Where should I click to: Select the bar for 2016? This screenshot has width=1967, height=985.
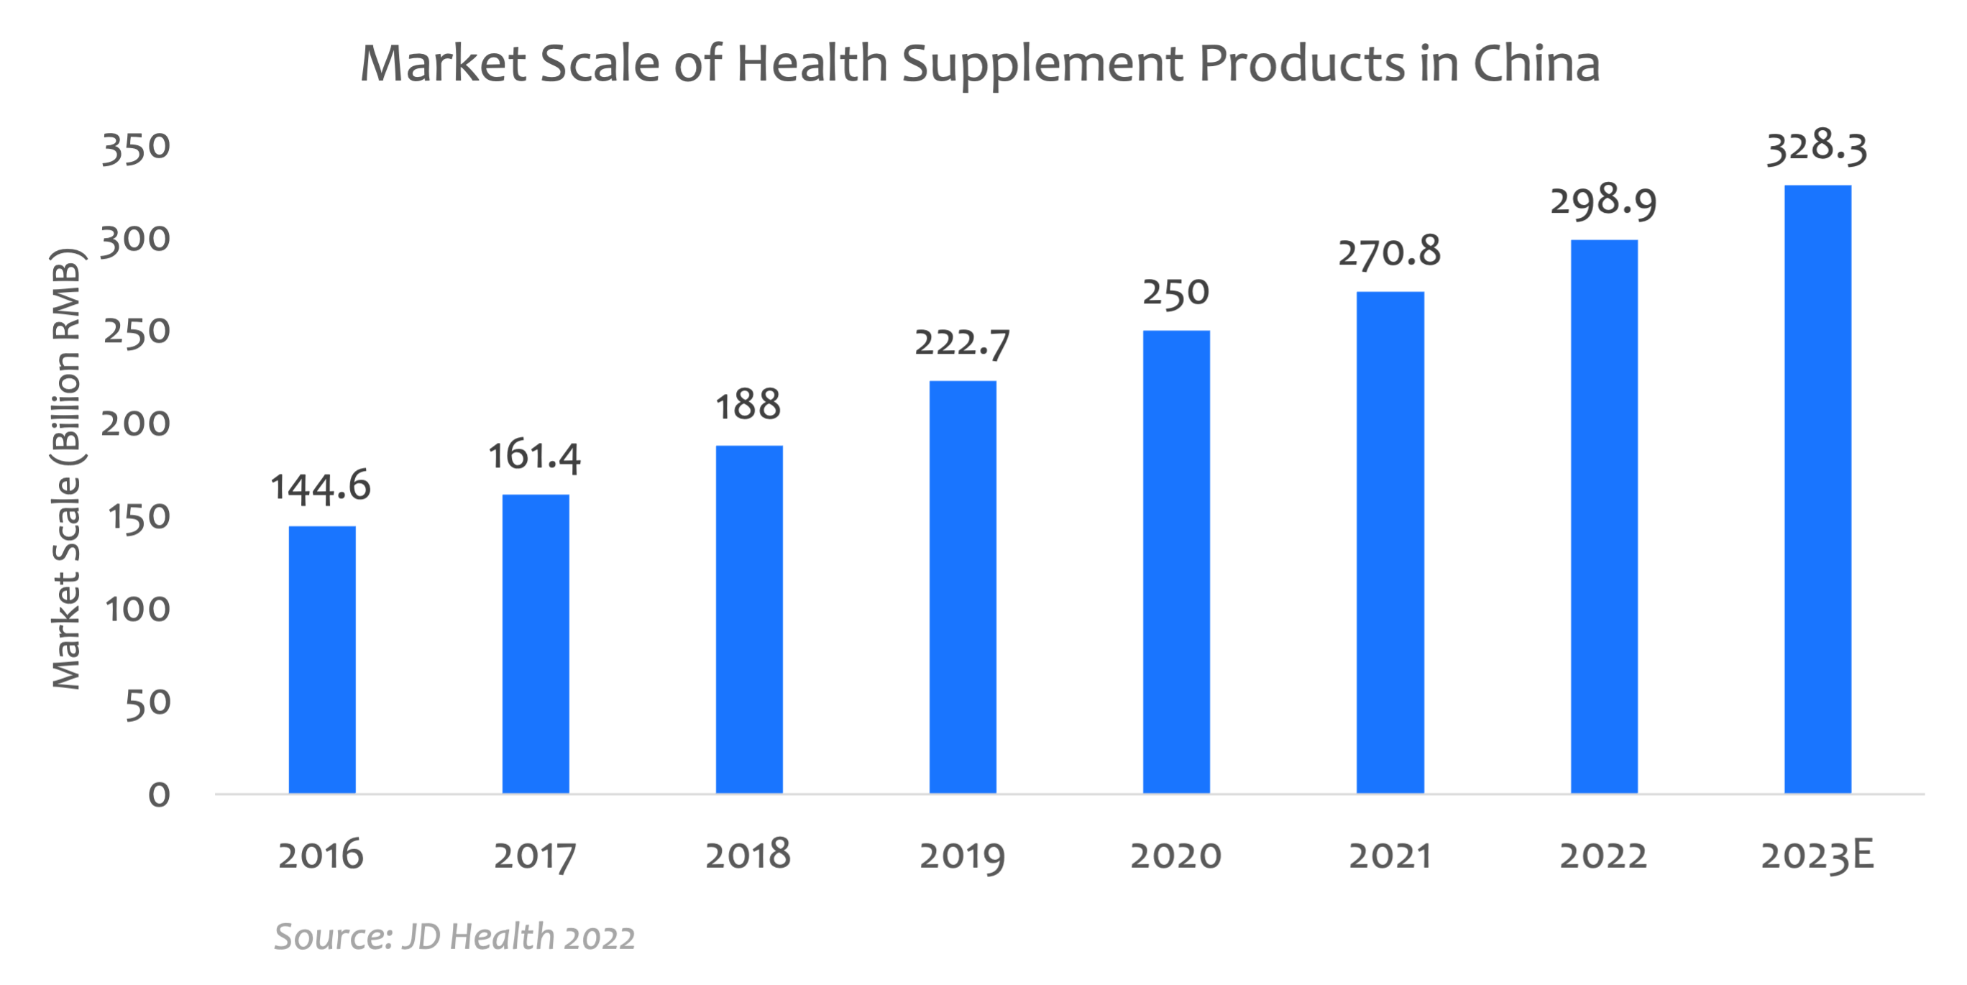(x=321, y=659)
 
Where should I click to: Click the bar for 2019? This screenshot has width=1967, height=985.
(x=962, y=587)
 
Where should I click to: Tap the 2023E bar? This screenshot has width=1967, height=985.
(x=1817, y=489)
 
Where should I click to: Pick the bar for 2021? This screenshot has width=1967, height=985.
(x=1390, y=542)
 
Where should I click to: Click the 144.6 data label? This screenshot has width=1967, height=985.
(x=321, y=487)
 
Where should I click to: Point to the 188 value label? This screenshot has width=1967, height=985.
(x=748, y=405)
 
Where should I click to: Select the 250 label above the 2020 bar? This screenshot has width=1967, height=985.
(x=1176, y=292)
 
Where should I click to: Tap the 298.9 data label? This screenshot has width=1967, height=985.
(x=1603, y=201)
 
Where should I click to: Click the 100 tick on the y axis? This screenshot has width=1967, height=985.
(x=137, y=609)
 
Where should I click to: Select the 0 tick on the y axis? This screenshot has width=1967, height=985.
(x=159, y=795)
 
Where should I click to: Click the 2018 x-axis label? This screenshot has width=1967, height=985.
(x=748, y=854)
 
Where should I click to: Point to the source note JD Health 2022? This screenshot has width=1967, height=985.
(x=454, y=937)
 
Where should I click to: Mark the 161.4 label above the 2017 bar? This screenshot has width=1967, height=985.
(x=534, y=456)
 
